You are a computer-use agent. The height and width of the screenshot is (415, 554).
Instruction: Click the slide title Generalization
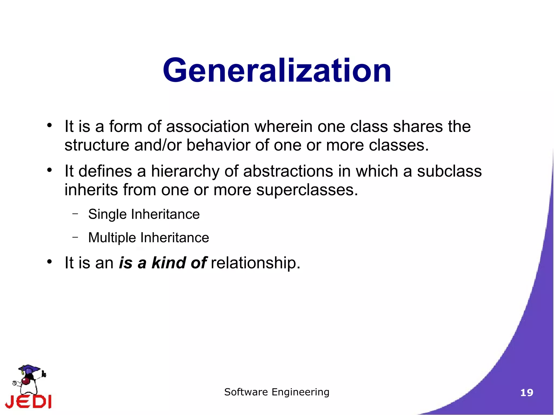tap(277, 71)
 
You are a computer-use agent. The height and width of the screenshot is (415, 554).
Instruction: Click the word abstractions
tap(288, 171)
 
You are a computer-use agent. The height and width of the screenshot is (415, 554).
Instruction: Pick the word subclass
tap(449, 171)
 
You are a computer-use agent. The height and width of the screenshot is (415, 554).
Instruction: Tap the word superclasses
tap(307, 190)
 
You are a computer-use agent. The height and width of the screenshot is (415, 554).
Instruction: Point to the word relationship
tap(255, 263)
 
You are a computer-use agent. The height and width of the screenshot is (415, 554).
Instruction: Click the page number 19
tap(526, 393)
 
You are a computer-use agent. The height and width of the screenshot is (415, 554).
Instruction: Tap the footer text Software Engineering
tap(277, 392)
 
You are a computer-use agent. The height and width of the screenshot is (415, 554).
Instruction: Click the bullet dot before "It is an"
tap(49, 262)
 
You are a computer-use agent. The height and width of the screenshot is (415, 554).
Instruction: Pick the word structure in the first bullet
tap(97, 145)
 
